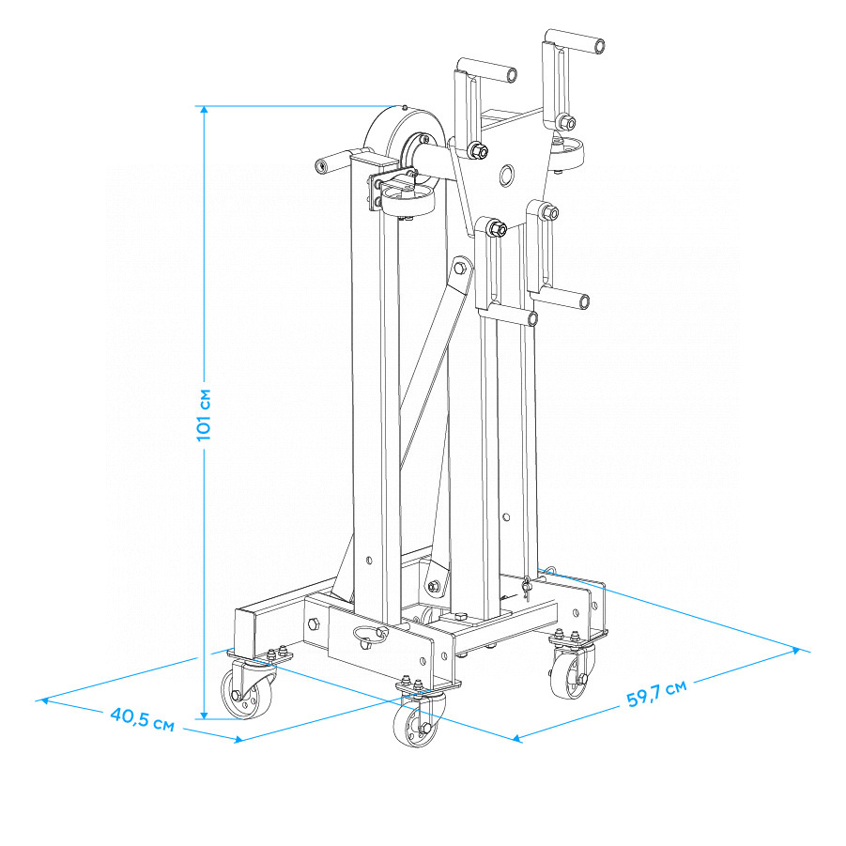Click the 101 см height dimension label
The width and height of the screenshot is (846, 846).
[204, 414]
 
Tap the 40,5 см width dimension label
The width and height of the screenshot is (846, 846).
[143, 720]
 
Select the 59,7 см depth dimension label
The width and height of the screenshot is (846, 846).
[656, 693]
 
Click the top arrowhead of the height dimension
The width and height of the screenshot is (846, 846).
[204, 110]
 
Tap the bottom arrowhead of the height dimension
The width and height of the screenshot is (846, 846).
[204, 715]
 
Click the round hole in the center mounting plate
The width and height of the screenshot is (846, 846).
[506, 175]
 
